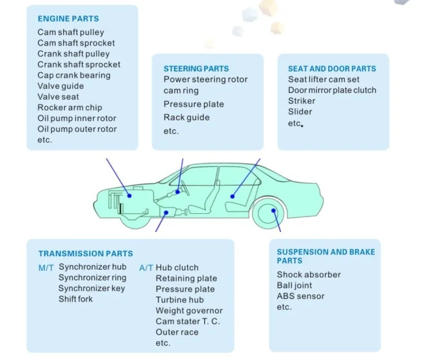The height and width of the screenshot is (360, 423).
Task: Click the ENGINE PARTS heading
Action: tap(68, 19)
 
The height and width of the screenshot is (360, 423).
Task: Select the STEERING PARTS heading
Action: tap(196, 68)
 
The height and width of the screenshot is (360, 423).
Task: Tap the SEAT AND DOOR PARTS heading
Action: tap(332, 68)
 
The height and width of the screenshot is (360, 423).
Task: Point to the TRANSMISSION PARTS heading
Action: tap(86, 253)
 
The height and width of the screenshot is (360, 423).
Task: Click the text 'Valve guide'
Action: tap(60, 86)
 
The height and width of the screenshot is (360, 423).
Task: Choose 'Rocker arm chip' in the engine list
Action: tap(70, 107)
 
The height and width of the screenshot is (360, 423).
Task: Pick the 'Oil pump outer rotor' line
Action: tap(77, 129)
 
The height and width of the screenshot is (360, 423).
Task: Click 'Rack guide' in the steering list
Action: tap(186, 117)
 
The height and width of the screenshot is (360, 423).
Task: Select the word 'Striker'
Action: tap(301, 100)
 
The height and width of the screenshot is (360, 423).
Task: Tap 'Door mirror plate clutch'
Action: tap(332, 90)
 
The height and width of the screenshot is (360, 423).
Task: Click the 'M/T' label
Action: tap(46, 267)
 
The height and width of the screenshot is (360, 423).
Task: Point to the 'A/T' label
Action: tap(146, 267)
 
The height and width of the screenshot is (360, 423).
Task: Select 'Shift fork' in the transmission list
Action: tap(76, 298)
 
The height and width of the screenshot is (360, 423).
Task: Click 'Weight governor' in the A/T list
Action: tap(189, 310)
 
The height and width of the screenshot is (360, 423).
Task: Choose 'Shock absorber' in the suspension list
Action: tap(309, 274)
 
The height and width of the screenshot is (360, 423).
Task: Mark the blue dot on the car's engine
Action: tap(130, 195)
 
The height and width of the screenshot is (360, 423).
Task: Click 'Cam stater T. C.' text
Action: tap(188, 321)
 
